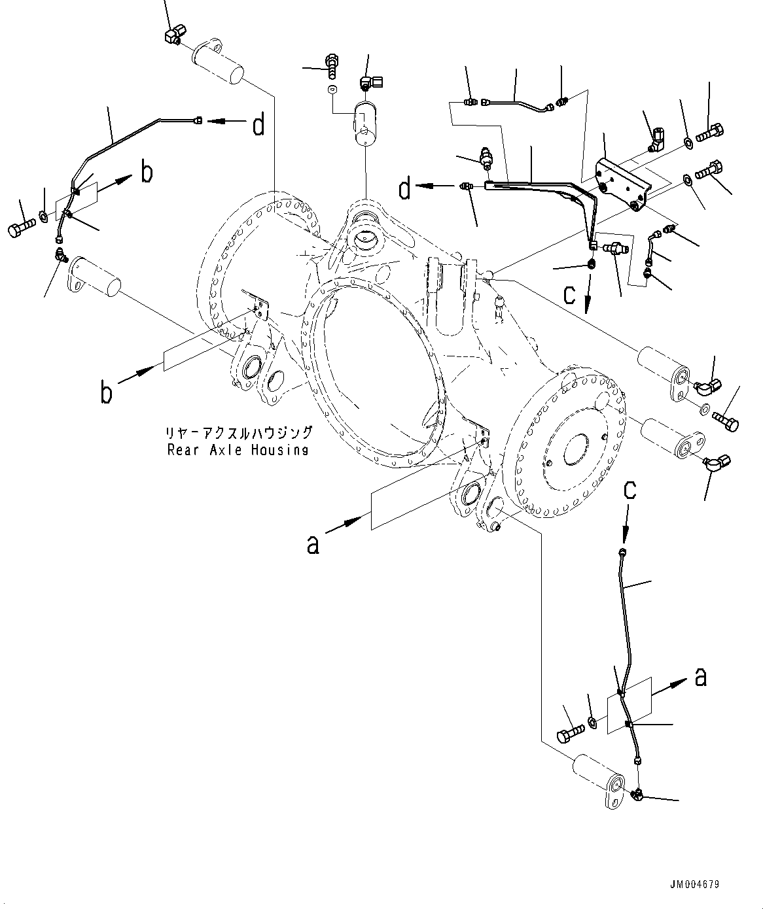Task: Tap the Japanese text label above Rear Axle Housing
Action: (238, 433)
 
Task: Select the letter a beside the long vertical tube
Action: (700, 677)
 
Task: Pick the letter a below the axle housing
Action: (313, 544)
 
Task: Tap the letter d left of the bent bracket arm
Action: (406, 190)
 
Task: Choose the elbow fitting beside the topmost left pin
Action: (173, 36)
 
